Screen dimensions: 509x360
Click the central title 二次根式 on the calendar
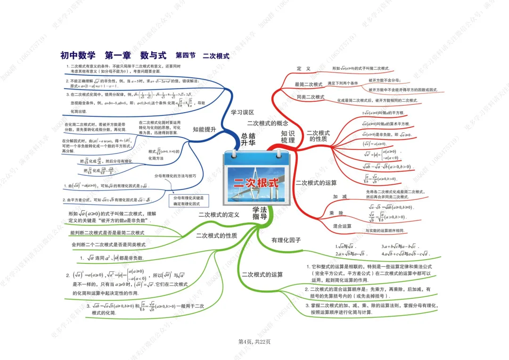256,183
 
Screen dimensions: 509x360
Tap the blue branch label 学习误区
243,113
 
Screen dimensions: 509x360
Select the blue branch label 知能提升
205,129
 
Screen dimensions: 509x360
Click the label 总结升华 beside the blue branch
248,139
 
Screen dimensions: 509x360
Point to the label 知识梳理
287,137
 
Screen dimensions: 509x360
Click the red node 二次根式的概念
267,123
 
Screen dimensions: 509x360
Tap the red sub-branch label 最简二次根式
309,84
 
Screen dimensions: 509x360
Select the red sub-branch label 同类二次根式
311,97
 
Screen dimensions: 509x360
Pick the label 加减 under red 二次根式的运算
339,196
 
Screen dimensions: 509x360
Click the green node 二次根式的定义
219,215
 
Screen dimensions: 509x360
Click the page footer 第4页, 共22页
254,342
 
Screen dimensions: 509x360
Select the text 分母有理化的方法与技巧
179,176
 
